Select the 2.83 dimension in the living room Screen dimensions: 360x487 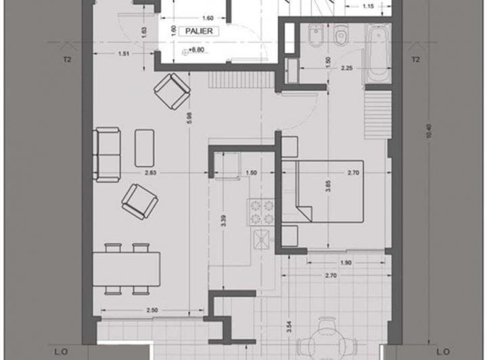point(150,174)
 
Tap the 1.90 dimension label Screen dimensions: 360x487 point(345,263)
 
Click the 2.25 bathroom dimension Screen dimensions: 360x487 point(346,68)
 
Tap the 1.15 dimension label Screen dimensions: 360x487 point(368,7)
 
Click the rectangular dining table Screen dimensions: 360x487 point(127,269)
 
